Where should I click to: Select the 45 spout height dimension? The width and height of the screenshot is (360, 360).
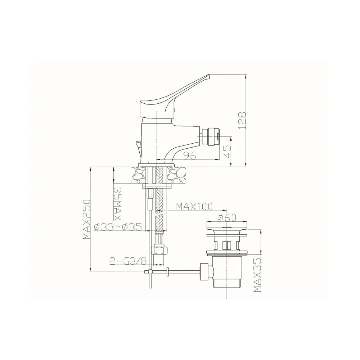(227, 151)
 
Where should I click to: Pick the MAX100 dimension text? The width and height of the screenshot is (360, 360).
(194, 207)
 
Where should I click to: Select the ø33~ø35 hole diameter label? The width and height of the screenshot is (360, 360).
(118, 227)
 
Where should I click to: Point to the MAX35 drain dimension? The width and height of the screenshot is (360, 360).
(258, 275)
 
